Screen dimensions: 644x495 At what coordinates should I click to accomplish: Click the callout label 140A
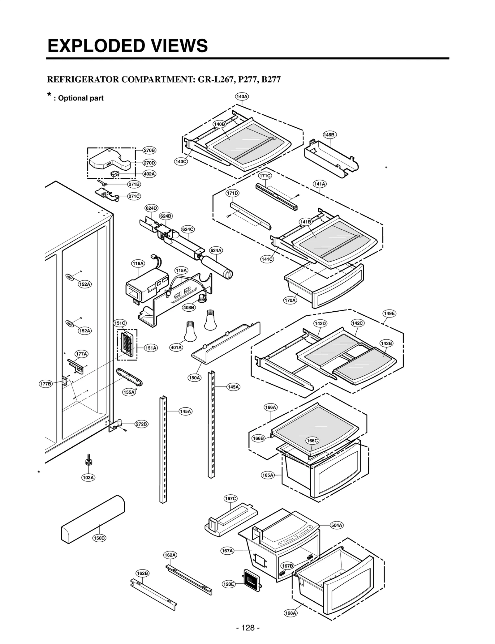pos(242,96)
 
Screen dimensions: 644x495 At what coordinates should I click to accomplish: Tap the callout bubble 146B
pos(329,135)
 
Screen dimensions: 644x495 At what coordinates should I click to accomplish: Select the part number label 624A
pos(216,250)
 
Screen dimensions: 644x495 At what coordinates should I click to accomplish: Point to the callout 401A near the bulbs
pos(176,348)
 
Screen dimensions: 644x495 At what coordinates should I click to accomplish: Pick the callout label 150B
pos(99,538)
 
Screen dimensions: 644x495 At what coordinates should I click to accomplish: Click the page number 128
pos(247,628)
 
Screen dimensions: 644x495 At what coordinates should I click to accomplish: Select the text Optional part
pos(81,98)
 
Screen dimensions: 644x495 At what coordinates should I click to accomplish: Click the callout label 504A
pos(337,525)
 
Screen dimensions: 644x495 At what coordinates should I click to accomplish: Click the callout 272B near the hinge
pos(141,424)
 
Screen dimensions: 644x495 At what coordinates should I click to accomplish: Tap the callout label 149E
pos(389,313)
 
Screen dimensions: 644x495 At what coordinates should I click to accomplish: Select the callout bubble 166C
pos(312,441)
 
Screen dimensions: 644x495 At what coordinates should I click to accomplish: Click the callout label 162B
pos(142,573)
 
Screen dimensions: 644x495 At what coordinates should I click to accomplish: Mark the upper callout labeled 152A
pos(84,284)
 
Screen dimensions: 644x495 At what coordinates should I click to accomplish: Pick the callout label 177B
pos(45,384)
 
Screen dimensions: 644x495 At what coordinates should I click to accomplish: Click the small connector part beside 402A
pos(115,174)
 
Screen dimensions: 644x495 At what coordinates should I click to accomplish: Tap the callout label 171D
pos(232,193)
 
